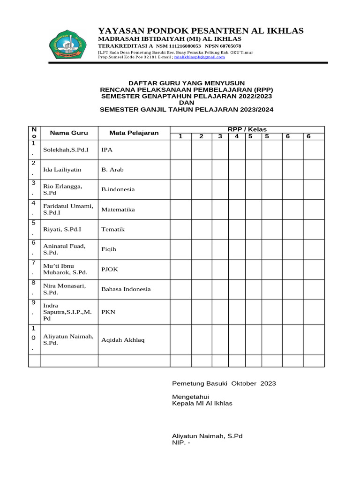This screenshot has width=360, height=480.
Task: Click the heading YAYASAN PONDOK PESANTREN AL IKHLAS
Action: [x=201, y=30]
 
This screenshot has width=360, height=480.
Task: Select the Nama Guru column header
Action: [x=69, y=133]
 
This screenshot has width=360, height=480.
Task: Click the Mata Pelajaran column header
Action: [x=134, y=133]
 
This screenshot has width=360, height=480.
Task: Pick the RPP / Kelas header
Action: [x=247, y=129]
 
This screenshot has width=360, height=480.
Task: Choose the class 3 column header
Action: [x=220, y=136]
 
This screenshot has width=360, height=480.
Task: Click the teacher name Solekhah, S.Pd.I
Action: [x=66, y=150]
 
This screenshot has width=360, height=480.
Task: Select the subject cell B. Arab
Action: [x=112, y=170]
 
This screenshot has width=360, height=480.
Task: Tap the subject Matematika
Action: [x=118, y=210]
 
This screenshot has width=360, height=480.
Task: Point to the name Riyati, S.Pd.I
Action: [x=62, y=229]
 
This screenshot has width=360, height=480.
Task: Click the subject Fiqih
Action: [x=108, y=249]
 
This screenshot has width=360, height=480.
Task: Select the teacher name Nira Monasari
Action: [x=64, y=286]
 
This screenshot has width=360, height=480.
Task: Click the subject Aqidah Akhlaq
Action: [x=123, y=339]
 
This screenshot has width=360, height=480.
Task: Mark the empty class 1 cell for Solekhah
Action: [x=180, y=150]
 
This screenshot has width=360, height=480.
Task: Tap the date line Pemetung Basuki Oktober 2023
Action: [x=224, y=383]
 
